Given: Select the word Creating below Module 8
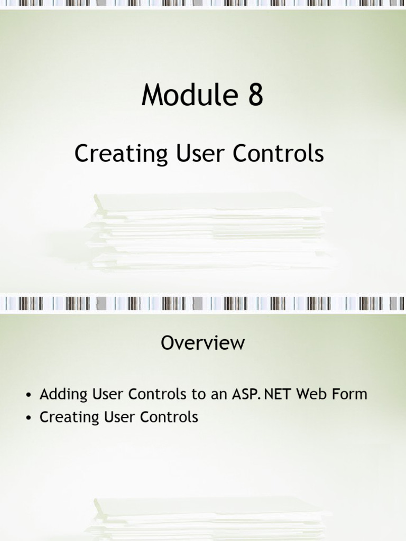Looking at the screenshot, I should [121, 154].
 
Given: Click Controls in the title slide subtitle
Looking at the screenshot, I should [278, 154].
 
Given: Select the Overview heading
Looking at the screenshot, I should [202, 343].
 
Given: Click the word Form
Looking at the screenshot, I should [351, 394].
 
